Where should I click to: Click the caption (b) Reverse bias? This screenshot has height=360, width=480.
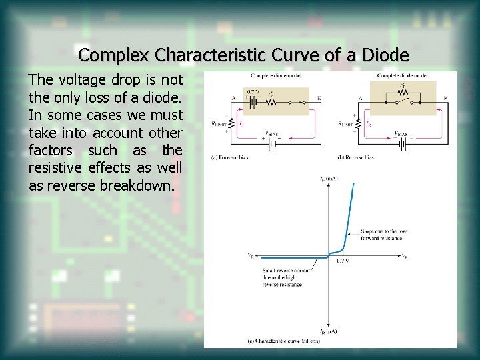(x=355, y=157)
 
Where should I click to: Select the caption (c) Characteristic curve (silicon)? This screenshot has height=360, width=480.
(x=283, y=341)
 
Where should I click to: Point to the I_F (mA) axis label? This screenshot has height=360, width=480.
(x=327, y=179)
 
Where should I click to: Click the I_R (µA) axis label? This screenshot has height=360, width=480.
(x=327, y=331)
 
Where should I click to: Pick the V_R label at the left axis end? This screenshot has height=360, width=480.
(x=249, y=255)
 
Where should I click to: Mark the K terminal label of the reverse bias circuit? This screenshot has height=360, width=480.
(x=445, y=98)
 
